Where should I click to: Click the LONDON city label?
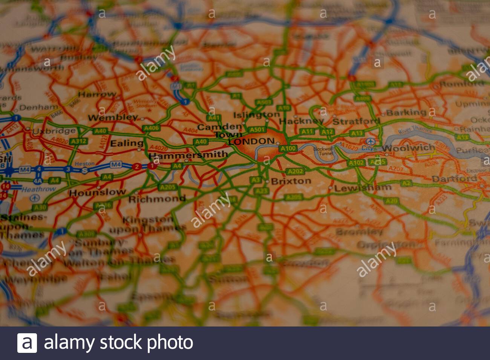(251, 142)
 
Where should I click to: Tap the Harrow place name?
(97, 94)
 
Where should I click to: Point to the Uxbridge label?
(54, 131)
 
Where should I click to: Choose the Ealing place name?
(127, 143)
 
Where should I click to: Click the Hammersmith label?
(188, 155)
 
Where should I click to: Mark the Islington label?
(256, 114)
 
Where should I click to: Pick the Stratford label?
(356, 121)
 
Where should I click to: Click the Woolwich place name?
(408, 148)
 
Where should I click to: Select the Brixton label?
(291, 181)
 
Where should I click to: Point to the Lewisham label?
(363, 188)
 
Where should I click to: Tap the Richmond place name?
(157, 198)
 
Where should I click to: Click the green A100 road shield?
(288, 148)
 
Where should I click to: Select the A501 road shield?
(257, 130)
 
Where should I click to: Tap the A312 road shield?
(79, 141)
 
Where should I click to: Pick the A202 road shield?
(295, 172)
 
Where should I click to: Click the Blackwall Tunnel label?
(323, 151)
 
